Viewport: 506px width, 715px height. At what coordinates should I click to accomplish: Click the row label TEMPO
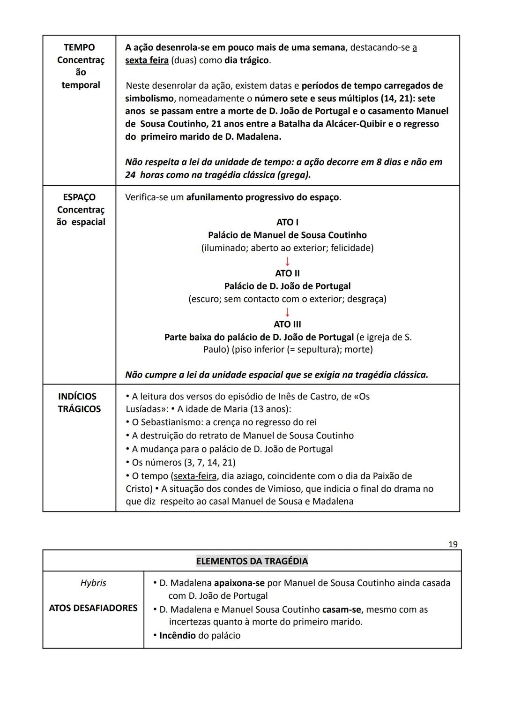tap(79, 47)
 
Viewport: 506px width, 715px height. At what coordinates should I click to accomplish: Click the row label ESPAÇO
tap(79, 197)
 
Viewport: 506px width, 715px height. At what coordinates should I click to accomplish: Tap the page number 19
tap(453, 544)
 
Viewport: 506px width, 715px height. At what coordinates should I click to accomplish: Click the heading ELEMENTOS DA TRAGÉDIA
tap(252, 561)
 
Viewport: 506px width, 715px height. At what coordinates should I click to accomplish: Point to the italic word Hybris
tap(93, 583)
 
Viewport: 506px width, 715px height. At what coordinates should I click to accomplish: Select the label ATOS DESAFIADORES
tap(93, 608)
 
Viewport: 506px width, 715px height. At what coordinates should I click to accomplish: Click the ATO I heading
tap(287, 222)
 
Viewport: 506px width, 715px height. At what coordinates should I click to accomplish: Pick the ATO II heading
tap(287, 273)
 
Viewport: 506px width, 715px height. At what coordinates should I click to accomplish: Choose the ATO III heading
tap(287, 324)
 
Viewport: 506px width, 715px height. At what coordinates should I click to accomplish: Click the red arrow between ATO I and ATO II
tap(287, 261)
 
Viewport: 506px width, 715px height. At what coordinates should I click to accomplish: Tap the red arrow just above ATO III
tap(287, 312)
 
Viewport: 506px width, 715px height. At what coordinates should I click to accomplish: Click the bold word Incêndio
tap(178, 636)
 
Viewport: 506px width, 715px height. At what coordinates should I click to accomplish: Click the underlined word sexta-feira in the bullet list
tap(195, 476)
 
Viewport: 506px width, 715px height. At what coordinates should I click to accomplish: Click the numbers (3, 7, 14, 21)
tap(207, 462)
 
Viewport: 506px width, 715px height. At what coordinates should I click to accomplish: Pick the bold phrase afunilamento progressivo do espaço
tap(262, 197)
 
